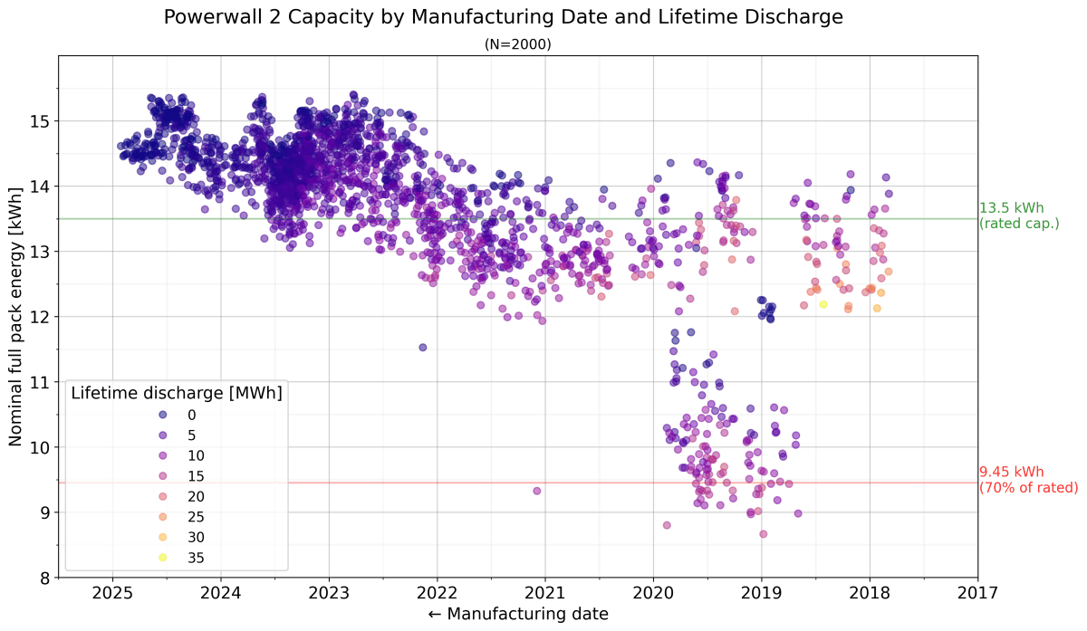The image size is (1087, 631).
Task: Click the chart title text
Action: (517, 17)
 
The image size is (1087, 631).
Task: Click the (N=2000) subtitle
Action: (517, 43)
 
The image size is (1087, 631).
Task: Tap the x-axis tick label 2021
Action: (545, 594)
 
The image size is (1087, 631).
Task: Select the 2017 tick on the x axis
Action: (977, 594)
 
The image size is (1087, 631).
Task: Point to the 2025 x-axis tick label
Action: (112, 594)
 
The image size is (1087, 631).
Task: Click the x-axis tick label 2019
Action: (761, 594)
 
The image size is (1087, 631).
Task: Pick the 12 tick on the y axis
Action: (41, 317)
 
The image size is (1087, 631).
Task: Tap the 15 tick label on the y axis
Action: (41, 121)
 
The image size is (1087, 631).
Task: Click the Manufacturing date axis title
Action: (517, 614)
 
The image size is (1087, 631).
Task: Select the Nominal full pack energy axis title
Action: (15, 317)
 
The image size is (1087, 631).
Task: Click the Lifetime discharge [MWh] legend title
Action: (177, 393)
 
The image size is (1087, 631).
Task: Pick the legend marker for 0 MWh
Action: (162, 415)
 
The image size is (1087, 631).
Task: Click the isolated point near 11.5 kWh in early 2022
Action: (422, 348)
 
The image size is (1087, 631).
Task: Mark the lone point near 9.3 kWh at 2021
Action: (537, 491)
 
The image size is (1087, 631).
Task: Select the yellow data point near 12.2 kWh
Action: (823, 305)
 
